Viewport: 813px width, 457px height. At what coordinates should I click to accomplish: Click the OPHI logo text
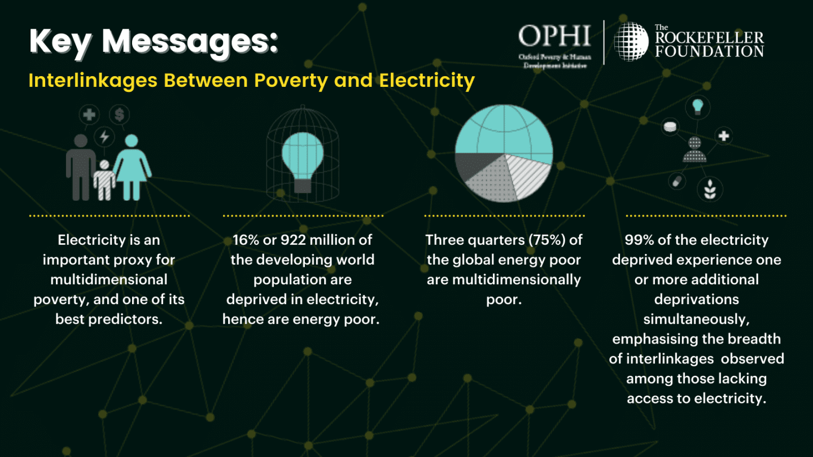point(554,36)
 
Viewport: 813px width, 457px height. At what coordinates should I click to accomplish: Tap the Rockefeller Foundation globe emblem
point(631,41)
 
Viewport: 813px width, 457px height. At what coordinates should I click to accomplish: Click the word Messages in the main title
point(190,42)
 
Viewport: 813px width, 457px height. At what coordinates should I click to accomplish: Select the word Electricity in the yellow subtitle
point(427,80)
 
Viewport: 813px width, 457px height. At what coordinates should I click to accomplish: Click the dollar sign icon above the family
point(120,115)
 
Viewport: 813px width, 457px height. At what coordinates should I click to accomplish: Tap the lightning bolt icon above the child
point(104,137)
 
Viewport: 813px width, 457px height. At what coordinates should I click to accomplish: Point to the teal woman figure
point(132,167)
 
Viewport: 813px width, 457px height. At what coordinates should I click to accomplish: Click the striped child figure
point(104,180)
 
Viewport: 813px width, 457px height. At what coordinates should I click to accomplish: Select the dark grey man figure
point(81,167)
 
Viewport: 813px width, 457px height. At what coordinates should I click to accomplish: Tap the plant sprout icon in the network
point(710,190)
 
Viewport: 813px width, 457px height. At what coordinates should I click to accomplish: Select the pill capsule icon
point(677,181)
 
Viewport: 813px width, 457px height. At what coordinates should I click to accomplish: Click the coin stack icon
point(670,127)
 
